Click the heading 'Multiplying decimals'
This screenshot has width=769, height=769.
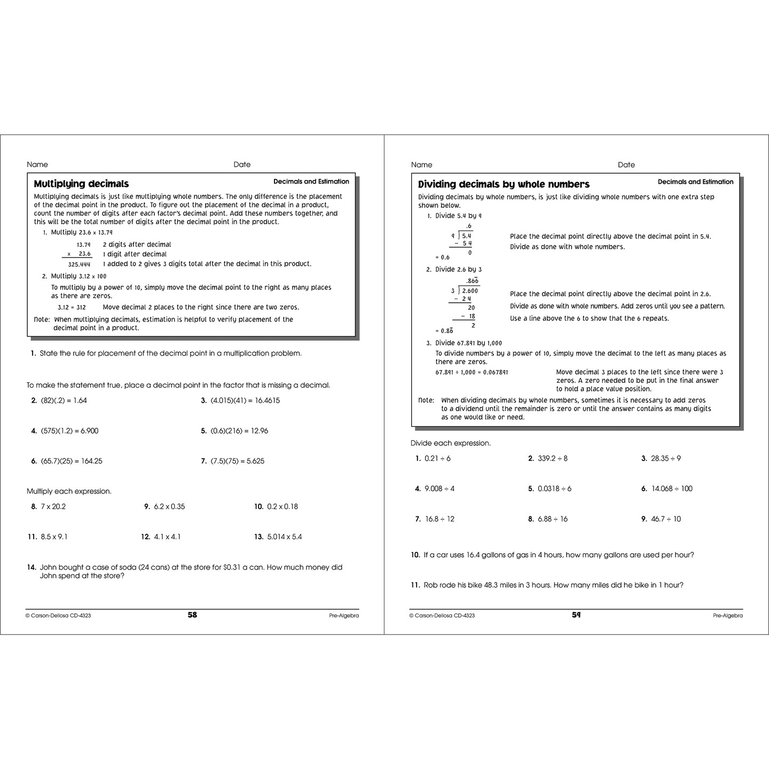81,184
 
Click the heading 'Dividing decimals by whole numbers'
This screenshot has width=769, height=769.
504,184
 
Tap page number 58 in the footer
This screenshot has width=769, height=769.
192,615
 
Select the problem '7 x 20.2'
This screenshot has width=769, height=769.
53,506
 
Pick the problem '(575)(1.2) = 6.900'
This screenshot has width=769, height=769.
69,430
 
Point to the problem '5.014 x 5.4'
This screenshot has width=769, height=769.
284,537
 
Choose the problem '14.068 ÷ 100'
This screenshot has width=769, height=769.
671,489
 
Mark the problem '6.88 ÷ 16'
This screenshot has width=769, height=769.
553,519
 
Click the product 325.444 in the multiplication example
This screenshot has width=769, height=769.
79,264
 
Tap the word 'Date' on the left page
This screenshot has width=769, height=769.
242,164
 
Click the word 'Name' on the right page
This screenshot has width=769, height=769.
422,164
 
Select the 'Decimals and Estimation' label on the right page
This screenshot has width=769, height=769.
695,182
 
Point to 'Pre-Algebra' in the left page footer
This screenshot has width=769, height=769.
344,616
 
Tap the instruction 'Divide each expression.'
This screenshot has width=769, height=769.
451,443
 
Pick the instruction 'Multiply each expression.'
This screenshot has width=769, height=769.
69,491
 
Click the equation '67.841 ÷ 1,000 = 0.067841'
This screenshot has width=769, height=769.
472,372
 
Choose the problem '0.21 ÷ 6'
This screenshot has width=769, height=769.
437,458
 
